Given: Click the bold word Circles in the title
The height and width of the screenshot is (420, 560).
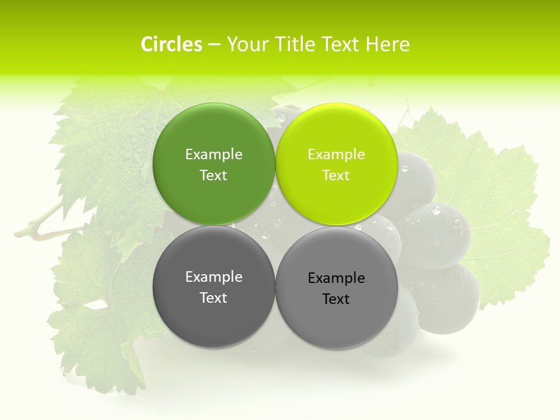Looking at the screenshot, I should (171, 44).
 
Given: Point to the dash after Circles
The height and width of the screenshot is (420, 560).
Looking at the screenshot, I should (214, 44).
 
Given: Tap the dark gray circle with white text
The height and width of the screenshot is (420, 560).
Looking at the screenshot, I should (213, 286).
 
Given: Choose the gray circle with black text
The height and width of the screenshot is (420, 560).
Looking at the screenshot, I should (337, 288).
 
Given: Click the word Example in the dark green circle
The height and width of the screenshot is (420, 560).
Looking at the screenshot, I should (213, 155).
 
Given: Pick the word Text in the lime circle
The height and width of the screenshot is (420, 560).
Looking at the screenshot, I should (336, 176).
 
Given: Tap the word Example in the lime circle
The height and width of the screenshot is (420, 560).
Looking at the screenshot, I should (336, 155).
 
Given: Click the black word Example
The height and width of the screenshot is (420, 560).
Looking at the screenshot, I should (336, 278).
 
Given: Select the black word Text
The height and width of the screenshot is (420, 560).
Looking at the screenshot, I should (336, 299).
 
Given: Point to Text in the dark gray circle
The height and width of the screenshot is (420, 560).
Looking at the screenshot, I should (213, 298).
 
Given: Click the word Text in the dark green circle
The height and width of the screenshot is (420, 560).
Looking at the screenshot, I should (213, 176).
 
